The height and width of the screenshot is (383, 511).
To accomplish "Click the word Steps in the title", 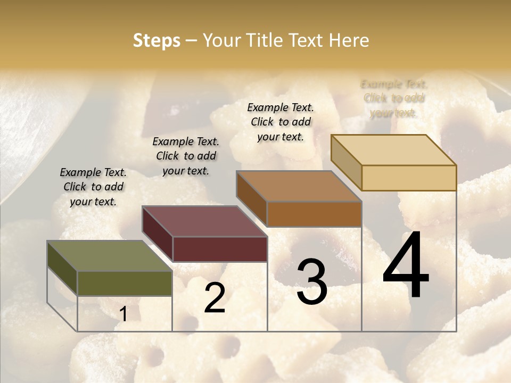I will tap(156, 40).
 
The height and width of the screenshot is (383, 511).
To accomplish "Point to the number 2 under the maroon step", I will tap(215, 298).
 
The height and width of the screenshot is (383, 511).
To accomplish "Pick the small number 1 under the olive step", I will tap(123, 314).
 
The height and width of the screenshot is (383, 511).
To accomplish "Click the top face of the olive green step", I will tap(110, 256).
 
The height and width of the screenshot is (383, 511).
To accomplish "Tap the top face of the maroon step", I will tap(204, 221).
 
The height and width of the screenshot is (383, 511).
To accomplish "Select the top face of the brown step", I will tap(299, 186).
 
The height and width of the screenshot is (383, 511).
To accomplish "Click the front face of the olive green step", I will tap(125, 283).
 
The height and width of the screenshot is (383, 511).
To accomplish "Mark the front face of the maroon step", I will tap(219, 248).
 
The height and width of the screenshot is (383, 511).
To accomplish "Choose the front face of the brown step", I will tap(314, 214).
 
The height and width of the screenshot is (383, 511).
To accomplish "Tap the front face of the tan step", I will tap(409, 178).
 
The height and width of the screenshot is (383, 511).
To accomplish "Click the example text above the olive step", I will tap(93, 187).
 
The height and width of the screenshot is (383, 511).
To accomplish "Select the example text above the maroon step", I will tap(186, 156).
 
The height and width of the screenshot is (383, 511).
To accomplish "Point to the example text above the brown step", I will tap(281, 122).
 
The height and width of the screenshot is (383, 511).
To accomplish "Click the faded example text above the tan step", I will tap(394, 98).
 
